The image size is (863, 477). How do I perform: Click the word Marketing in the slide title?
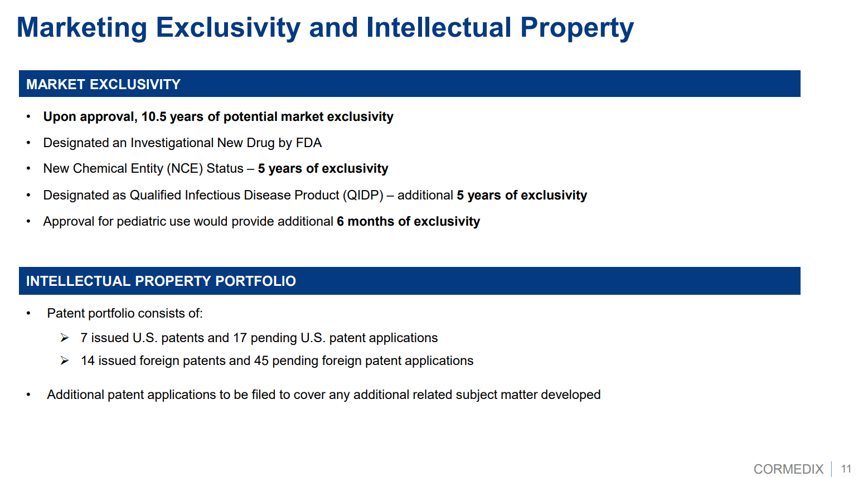(x=82, y=28)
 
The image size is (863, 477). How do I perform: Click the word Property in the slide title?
(x=577, y=28)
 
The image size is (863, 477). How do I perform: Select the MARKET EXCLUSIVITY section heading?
(x=103, y=84)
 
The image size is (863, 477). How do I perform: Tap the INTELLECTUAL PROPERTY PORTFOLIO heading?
(x=161, y=281)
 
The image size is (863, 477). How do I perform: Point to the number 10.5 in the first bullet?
(x=154, y=116)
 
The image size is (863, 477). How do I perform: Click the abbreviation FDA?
(x=309, y=143)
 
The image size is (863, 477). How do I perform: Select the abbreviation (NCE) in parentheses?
(x=185, y=169)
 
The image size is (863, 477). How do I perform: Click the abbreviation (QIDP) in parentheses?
(x=363, y=195)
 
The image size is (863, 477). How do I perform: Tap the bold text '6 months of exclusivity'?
(x=409, y=221)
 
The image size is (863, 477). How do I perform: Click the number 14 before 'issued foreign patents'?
(x=88, y=361)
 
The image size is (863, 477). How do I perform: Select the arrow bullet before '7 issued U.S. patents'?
(x=64, y=338)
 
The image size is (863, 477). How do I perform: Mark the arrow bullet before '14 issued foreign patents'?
(x=64, y=361)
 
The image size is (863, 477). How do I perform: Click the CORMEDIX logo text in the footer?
(x=788, y=469)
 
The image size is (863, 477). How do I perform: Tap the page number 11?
(x=846, y=469)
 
